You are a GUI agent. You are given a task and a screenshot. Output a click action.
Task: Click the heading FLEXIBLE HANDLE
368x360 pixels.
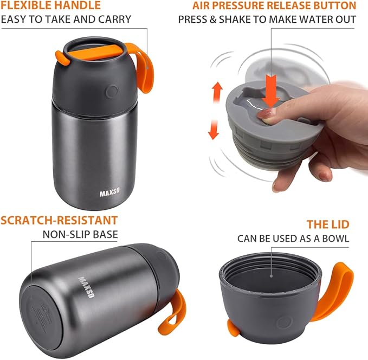pos(50,6)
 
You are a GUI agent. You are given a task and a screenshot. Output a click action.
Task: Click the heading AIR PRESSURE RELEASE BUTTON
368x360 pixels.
pos(274,6)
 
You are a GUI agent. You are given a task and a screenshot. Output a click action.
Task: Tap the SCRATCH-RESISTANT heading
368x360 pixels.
pos(59,220)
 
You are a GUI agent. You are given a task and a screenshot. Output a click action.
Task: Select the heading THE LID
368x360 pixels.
pos(329,224)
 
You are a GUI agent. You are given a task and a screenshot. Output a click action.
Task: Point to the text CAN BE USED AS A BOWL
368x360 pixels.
pos(293,239)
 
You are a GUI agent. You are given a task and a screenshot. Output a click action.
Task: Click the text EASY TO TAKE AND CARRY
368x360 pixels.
pos(66,20)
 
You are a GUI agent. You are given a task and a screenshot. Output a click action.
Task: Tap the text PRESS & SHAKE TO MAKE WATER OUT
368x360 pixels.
pos(267,20)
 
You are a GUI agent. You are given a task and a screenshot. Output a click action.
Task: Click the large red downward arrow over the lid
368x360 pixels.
pos(272,86)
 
